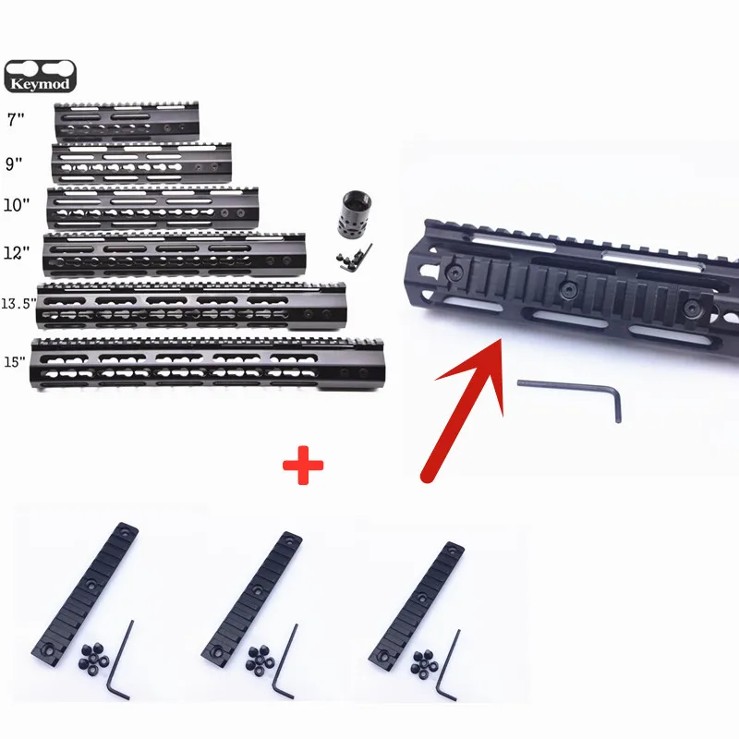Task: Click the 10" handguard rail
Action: [x=152, y=208]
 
